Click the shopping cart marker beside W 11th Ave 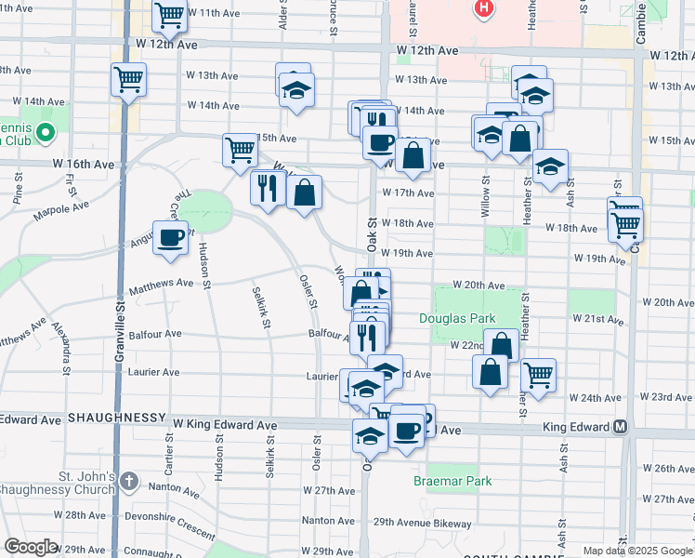[169, 15]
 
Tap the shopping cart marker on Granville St [128, 78]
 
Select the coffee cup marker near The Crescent [169, 238]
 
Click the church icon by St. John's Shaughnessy [129, 482]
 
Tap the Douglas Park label [457, 318]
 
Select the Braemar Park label [452, 482]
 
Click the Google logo [30, 547]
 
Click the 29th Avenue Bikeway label [423, 524]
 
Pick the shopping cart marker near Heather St [538, 375]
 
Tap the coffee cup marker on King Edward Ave [406, 430]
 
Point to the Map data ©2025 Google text [636, 551]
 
